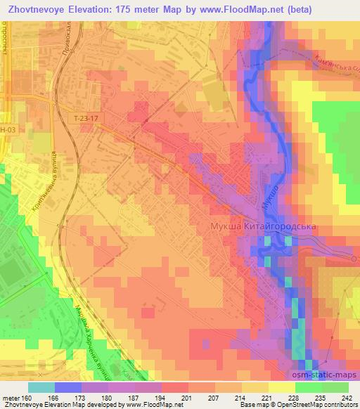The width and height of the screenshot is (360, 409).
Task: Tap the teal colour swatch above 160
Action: (x=41, y=387)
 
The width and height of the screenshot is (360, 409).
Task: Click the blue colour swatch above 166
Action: (x=67, y=387)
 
